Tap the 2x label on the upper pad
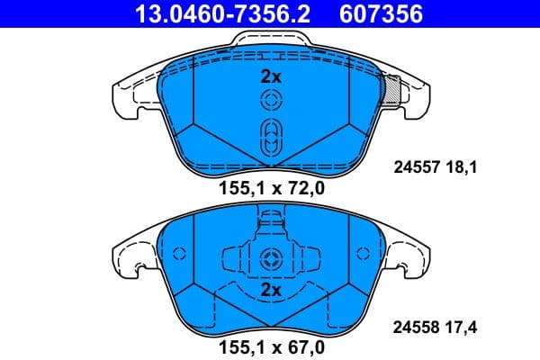(x=270, y=77)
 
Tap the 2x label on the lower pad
(x=270, y=290)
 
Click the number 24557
(x=416, y=166)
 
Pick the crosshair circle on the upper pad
(x=270, y=100)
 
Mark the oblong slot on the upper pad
(x=270, y=139)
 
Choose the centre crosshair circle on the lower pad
(x=270, y=260)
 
